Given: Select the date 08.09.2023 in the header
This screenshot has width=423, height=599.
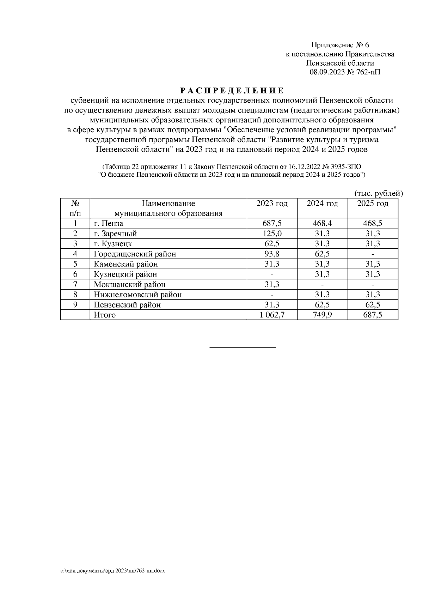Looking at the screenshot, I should point(326,72).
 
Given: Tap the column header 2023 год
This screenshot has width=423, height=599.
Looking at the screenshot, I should point(272,204).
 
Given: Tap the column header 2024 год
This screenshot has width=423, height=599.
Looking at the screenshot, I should point(322,204).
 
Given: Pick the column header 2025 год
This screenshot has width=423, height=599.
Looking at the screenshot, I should point(373,204).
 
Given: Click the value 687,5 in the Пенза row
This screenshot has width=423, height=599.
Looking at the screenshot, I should point(272,223).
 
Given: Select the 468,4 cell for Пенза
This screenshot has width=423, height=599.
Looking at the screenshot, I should point(322,223).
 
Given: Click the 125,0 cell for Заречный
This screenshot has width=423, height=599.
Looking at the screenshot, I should point(272,234).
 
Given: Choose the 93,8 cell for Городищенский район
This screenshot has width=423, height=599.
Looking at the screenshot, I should point(272,254).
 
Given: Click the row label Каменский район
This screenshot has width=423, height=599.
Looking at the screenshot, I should point(125,264).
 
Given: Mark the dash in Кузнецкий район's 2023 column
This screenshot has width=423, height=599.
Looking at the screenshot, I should point(272,274).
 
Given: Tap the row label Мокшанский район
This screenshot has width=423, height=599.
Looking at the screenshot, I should point(129,284).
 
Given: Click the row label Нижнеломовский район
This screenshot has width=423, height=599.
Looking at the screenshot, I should point(137,295).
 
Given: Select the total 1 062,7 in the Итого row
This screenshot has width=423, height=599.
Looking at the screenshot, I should point(272,315).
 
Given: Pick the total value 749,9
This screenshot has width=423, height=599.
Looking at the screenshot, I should point(322,315).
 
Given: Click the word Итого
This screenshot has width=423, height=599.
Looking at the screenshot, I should point(104,315).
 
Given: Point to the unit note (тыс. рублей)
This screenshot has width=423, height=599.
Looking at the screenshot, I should point(378,193).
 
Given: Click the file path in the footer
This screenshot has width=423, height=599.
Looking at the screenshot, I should point(113,570).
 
